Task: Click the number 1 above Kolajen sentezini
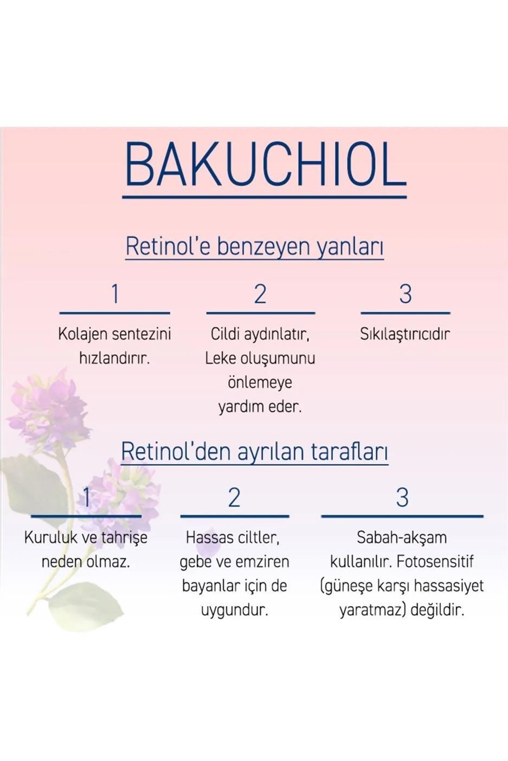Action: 114,294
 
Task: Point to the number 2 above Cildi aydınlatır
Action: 260,294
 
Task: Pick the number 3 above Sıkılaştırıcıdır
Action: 405,294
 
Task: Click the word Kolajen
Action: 81,334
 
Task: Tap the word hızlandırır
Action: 114,358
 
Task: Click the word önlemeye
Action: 260,382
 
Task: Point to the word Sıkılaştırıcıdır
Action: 405,334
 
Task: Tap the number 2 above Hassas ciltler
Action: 234,498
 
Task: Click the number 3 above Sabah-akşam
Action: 402,498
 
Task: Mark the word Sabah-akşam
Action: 402,538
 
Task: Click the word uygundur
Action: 234,610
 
